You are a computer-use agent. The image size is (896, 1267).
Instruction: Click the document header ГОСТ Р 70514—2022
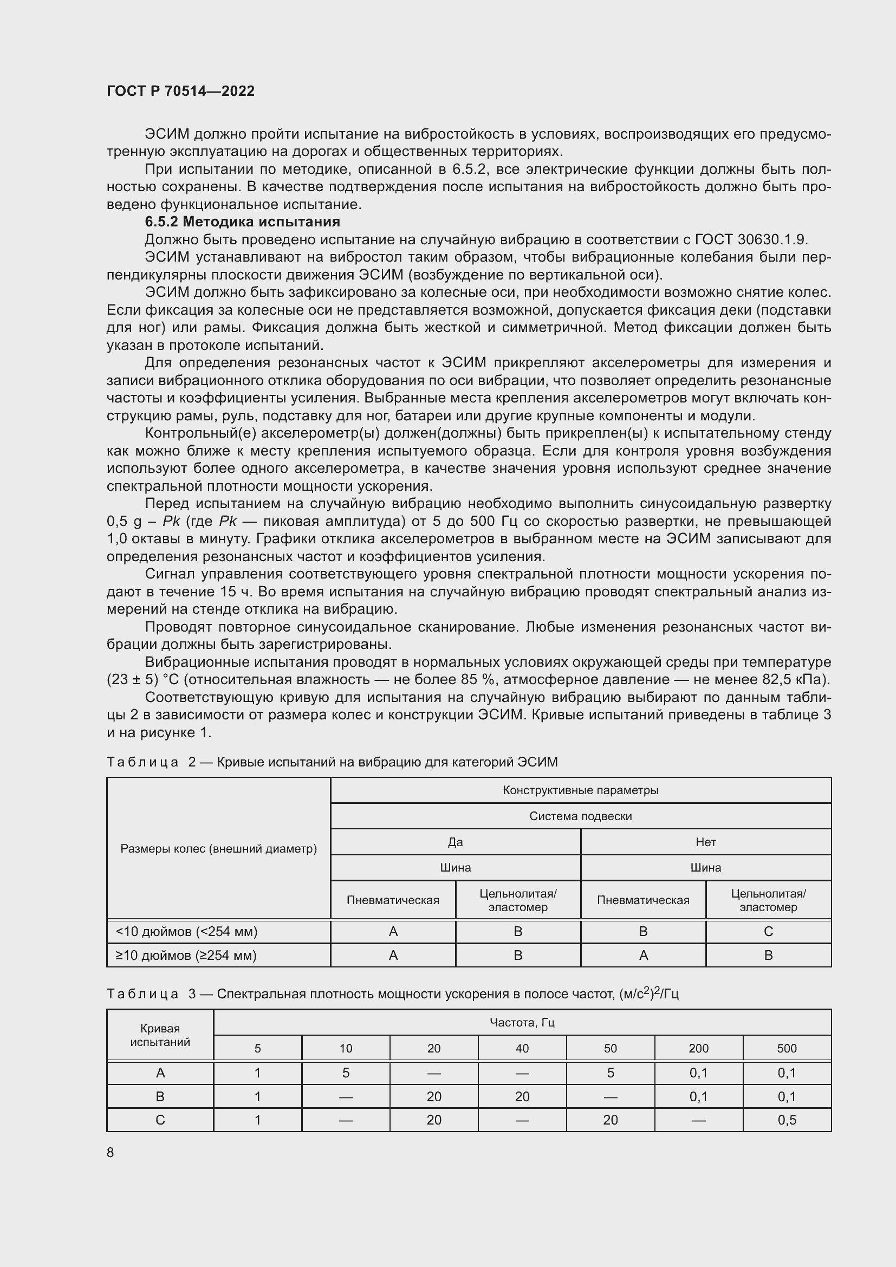[x=180, y=91]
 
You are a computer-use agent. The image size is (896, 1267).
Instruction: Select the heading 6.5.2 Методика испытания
[x=242, y=222]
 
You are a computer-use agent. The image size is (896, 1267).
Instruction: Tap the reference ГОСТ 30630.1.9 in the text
[x=751, y=239]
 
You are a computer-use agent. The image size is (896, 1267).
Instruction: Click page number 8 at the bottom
[x=111, y=1152]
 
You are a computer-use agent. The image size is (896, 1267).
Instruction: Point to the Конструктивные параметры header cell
[x=580, y=790]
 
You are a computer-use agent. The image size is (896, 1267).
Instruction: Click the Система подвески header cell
[x=580, y=816]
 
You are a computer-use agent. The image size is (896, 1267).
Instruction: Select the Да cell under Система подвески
[x=455, y=842]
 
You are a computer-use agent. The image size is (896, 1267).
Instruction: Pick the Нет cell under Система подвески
[x=706, y=842]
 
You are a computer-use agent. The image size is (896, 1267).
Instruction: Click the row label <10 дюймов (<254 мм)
[x=186, y=932]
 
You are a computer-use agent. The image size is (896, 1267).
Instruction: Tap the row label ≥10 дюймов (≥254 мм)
[x=186, y=955]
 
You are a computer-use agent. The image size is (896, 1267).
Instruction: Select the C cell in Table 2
[x=768, y=932]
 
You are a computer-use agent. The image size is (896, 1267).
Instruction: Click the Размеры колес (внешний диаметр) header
[x=218, y=849]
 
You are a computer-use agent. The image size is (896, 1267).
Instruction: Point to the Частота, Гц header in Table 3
[x=522, y=1023]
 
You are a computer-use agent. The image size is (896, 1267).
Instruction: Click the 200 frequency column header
[x=698, y=1048]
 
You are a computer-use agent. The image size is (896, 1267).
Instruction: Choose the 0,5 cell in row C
[x=787, y=1120]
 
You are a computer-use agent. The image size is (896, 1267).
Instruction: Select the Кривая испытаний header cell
[x=160, y=1035]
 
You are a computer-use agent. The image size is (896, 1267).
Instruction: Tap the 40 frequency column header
[x=522, y=1048]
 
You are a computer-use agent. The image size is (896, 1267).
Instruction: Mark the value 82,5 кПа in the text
[x=797, y=679]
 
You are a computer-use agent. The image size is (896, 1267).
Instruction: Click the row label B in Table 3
[x=160, y=1096]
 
